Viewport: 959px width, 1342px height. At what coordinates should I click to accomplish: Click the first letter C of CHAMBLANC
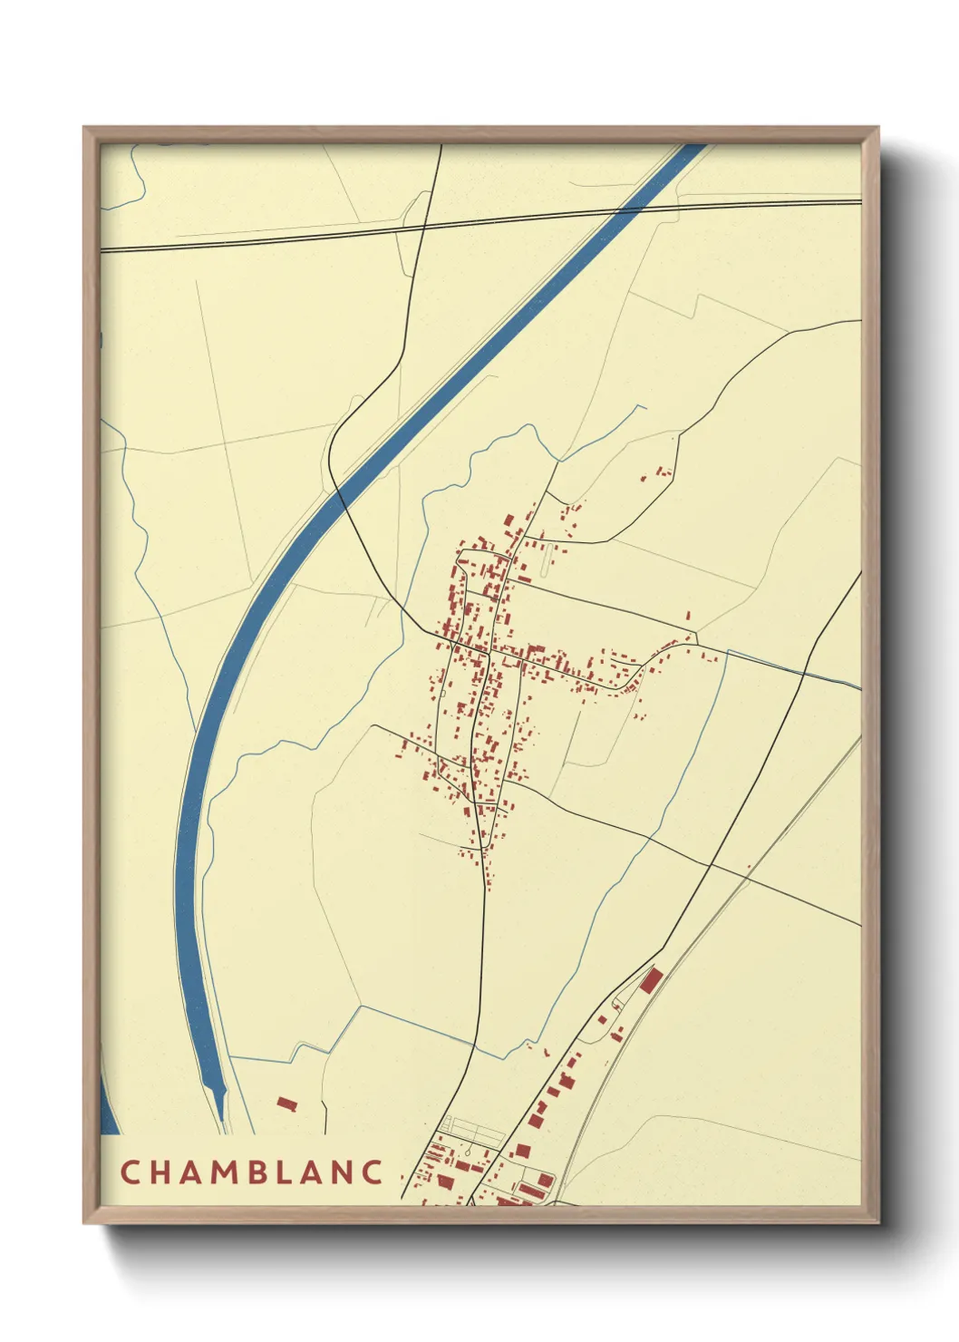click(130, 1172)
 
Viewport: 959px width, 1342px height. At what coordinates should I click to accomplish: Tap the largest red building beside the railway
click(651, 979)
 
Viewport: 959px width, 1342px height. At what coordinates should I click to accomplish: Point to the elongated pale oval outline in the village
click(546, 561)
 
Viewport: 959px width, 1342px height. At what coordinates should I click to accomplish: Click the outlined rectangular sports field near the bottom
click(472, 1130)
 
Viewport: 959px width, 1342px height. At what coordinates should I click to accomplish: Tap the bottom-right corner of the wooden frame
click(877, 1222)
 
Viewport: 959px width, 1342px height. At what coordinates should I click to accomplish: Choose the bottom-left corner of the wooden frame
click(84, 1222)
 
